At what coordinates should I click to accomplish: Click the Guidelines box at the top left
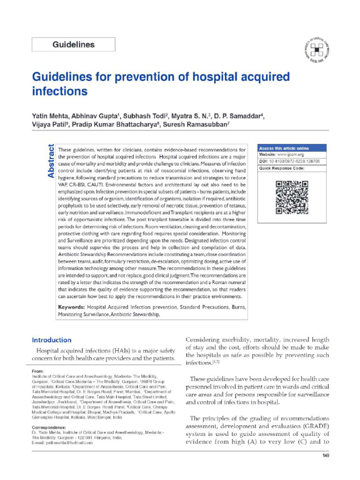[73, 45]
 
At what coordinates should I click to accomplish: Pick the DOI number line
[286, 161]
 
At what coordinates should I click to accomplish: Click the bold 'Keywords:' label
[71, 307]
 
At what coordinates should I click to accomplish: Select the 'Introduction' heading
[52, 340]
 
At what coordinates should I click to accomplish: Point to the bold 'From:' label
[37, 371]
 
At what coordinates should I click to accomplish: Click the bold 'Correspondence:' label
[49, 428]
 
